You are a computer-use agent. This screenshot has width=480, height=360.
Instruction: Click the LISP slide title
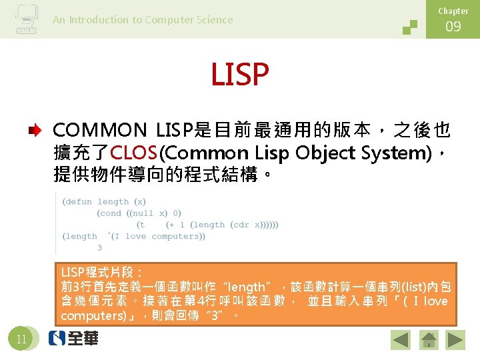[239, 75]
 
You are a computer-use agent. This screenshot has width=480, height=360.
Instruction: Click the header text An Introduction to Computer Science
[143, 20]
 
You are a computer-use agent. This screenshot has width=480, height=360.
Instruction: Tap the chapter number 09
[453, 27]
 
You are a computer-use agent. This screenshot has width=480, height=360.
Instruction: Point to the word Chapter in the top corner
[453, 11]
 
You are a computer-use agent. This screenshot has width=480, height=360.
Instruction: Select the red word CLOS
[135, 153]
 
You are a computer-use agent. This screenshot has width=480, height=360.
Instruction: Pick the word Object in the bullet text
[325, 153]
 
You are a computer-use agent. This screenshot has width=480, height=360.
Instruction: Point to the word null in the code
[142, 213]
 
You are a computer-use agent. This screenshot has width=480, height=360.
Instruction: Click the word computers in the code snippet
[175, 236]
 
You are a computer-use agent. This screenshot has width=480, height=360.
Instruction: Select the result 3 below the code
[99, 248]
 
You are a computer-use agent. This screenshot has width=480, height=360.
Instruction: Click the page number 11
[21, 339]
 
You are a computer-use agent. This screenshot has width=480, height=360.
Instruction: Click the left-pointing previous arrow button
[401, 341]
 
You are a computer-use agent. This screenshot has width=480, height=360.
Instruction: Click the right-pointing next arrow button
[455, 341]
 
